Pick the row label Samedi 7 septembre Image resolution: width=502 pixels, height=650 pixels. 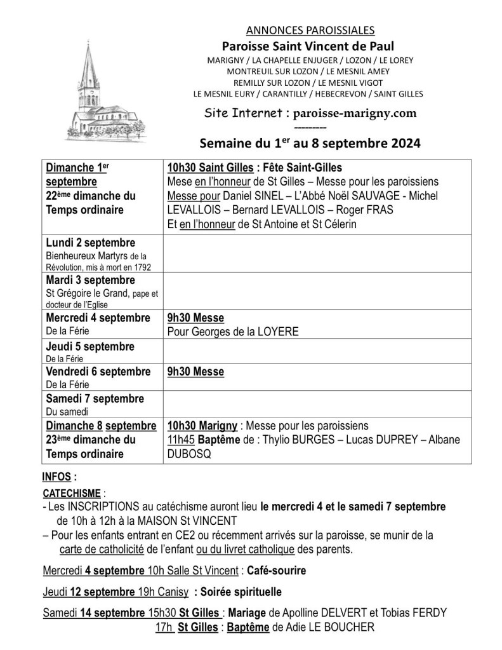click(x=95, y=399)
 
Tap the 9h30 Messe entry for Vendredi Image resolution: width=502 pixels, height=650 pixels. click(x=195, y=372)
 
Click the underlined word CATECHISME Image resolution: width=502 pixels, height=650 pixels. click(x=70, y=493)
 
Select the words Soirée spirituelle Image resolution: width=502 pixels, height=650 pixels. click(x=237, y=592)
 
